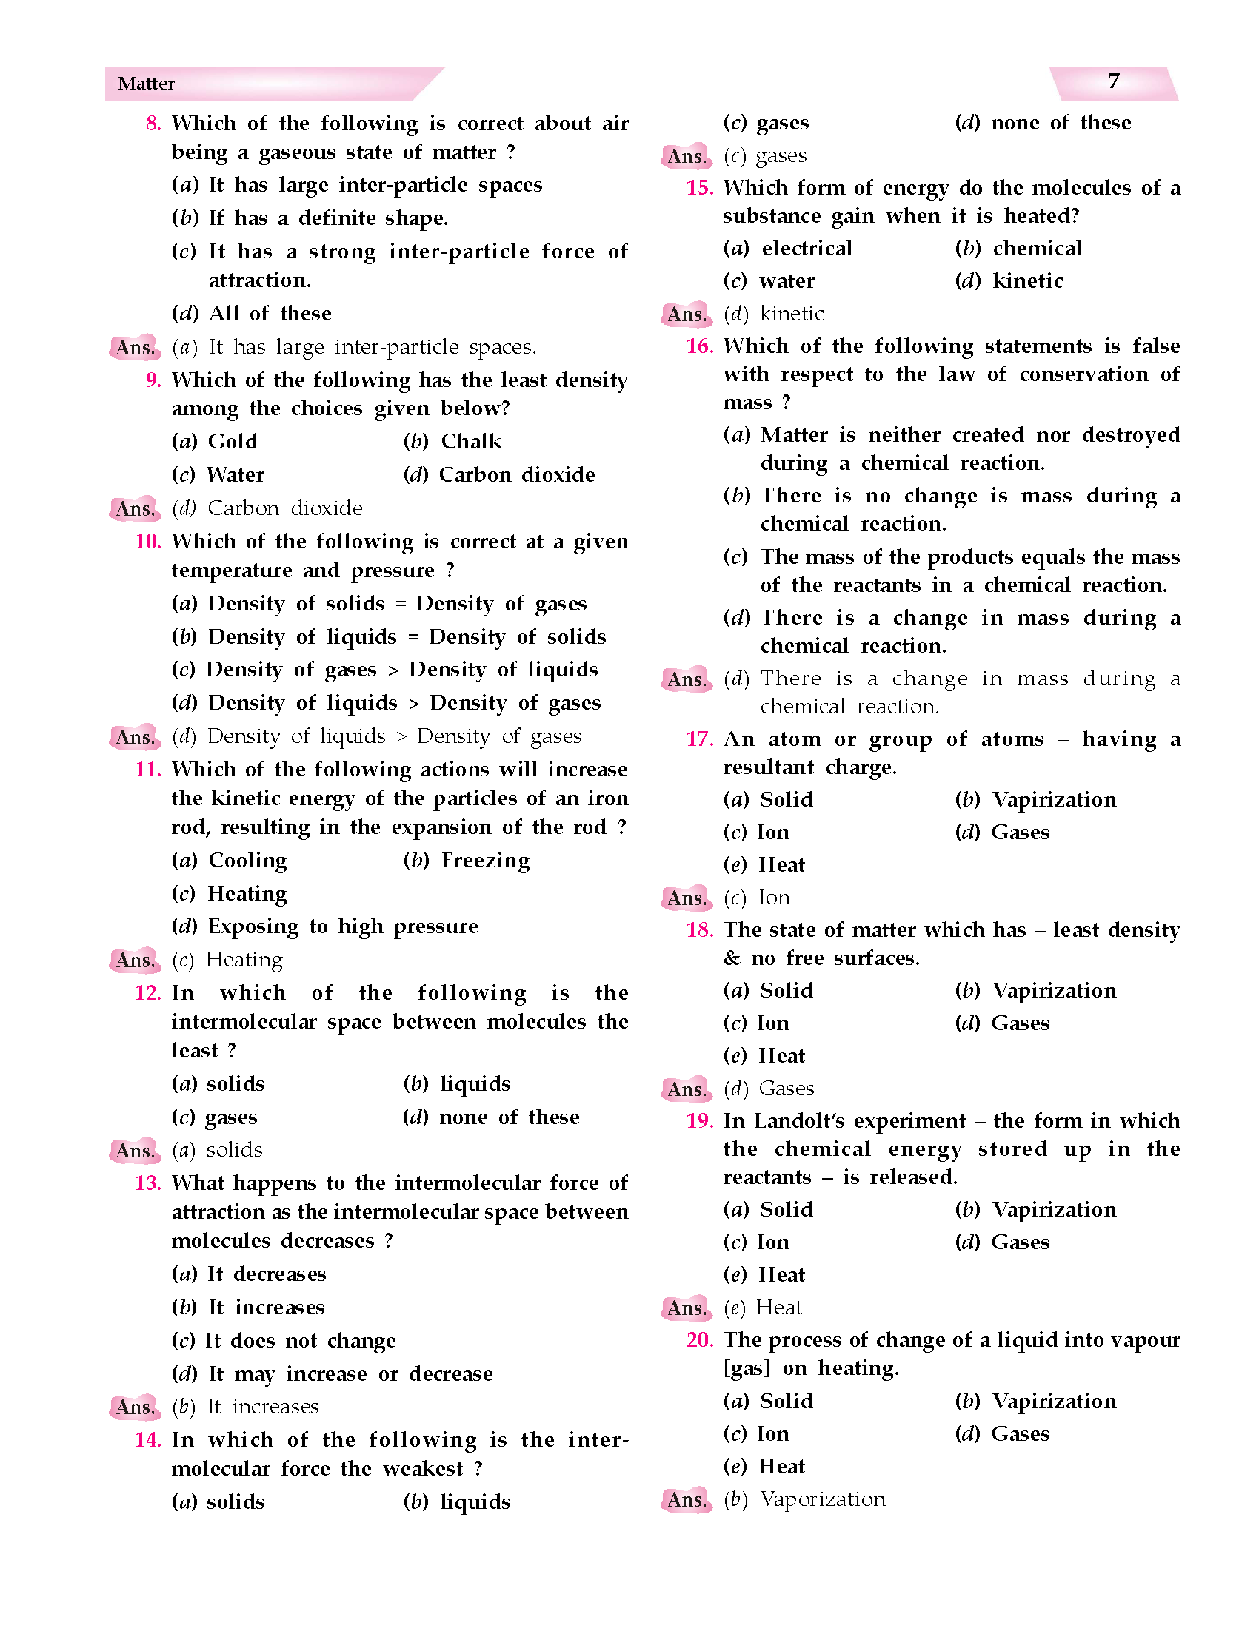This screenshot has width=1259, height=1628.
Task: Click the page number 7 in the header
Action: (x=1113, y=81)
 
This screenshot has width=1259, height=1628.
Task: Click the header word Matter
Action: (x=146, y=84)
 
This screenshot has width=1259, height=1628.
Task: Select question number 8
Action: (x=153, y=124)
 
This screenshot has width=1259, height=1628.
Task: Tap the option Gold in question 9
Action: (x=233, y=441)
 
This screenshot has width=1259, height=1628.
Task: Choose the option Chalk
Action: (x=471, y=441)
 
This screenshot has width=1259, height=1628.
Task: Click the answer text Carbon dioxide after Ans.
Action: (x=285, y=508)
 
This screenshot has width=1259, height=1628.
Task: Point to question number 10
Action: (x=147, y=541)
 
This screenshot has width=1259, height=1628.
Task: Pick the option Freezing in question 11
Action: (x=485, y=860)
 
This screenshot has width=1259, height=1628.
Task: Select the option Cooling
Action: (x=247, y=860)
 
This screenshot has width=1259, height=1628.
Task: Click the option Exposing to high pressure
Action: (x=343, y=926)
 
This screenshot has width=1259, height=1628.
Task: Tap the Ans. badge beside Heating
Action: (x=135, y=960)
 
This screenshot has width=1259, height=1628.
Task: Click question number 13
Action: (x=147, y=1183)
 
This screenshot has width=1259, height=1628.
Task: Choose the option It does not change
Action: (x=301, y=1340)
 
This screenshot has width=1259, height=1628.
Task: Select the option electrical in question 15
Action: (x=807, y=248)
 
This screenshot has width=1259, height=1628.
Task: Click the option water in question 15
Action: (x=787, y=281)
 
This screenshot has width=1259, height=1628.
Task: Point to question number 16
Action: (x=700, y=346)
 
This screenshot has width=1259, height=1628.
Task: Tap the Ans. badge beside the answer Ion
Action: (x=687, y=898)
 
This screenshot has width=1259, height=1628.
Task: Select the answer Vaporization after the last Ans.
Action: (x=823, y=1499)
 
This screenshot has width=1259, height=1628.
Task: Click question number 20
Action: (x=700, y=1340)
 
